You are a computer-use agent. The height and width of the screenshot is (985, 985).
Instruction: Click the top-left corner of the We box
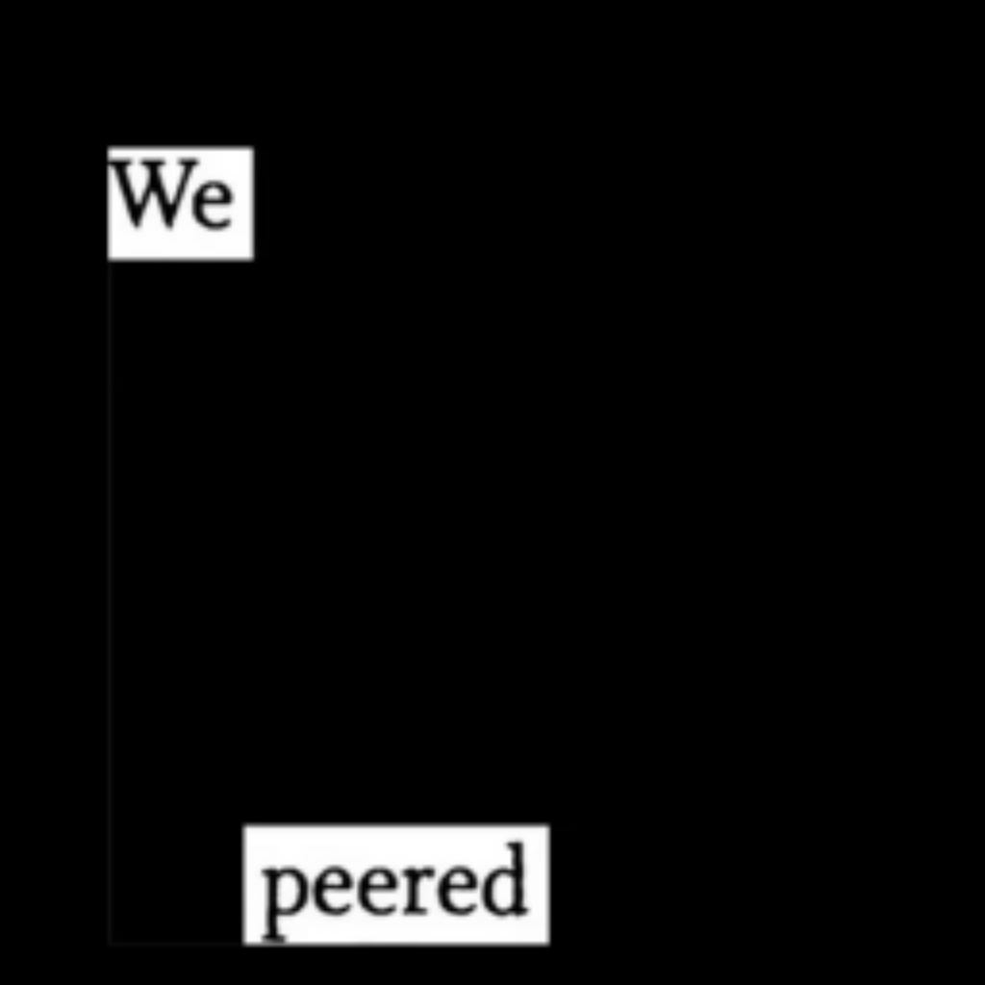[109, 148]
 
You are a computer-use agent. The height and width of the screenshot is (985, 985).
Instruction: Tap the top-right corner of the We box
[253, 148]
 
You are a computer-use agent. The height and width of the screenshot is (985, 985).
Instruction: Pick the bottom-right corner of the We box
[253, 259]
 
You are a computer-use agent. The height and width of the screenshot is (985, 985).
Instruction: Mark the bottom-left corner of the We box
[109, 259]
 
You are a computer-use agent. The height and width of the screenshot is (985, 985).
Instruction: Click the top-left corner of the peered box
[244, 825]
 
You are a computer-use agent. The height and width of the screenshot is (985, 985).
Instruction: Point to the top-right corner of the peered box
[548, 825]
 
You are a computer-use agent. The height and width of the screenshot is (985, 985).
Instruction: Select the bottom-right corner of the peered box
[548, 944]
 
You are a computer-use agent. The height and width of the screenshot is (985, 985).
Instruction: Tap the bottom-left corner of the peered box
[244, 944]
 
